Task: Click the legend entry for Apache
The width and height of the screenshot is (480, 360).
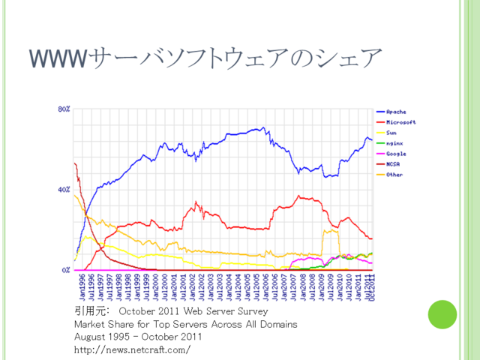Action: (395, 111)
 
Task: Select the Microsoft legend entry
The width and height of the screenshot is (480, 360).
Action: (400, 121)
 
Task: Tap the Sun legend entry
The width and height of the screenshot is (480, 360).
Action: (391, 132)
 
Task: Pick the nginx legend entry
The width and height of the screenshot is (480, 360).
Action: (394, 142)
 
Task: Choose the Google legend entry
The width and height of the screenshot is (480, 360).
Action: (395, 153)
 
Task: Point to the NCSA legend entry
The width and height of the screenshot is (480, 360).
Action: (392, 163)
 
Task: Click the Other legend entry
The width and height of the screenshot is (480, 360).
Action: (394, 174)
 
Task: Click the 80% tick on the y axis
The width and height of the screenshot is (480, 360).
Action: (64, 109)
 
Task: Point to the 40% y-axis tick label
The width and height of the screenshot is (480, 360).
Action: (64, 190)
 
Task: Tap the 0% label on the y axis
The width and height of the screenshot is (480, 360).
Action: (66, 269)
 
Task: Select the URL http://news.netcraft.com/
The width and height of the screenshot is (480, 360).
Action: (132, 349)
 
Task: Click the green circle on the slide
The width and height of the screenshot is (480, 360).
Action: (442, 314)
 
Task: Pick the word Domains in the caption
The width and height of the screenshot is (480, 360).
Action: (278, 324)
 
